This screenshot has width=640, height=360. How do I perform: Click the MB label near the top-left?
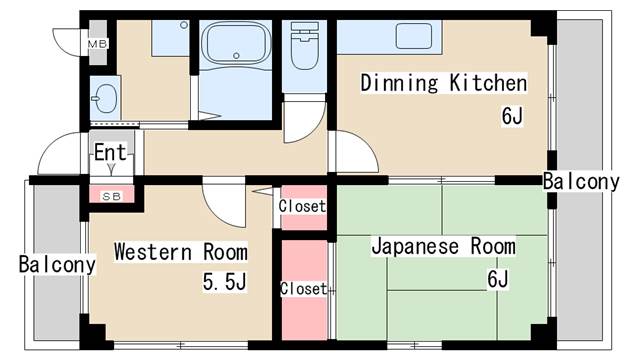97,44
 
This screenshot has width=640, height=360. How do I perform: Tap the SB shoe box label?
111,196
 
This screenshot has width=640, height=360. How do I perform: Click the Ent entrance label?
110,153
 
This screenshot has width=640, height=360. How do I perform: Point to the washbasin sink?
104,99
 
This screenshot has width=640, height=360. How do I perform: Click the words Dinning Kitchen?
443,82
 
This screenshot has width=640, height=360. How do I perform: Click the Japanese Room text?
443,246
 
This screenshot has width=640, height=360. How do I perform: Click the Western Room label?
180,251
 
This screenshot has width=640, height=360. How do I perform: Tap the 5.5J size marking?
225,283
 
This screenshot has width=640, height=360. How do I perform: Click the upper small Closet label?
302,207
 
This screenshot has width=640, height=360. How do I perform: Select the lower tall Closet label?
303,289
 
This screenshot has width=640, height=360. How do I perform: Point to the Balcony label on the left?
57,265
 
